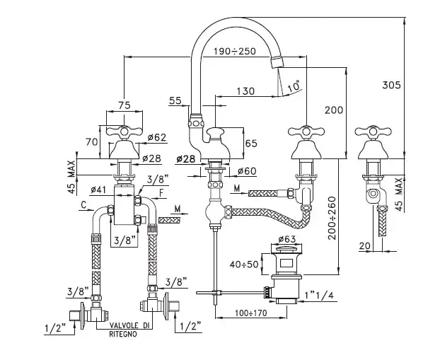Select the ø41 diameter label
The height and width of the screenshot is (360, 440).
tap(98, 190)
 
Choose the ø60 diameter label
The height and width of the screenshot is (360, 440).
tap(246, 170)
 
